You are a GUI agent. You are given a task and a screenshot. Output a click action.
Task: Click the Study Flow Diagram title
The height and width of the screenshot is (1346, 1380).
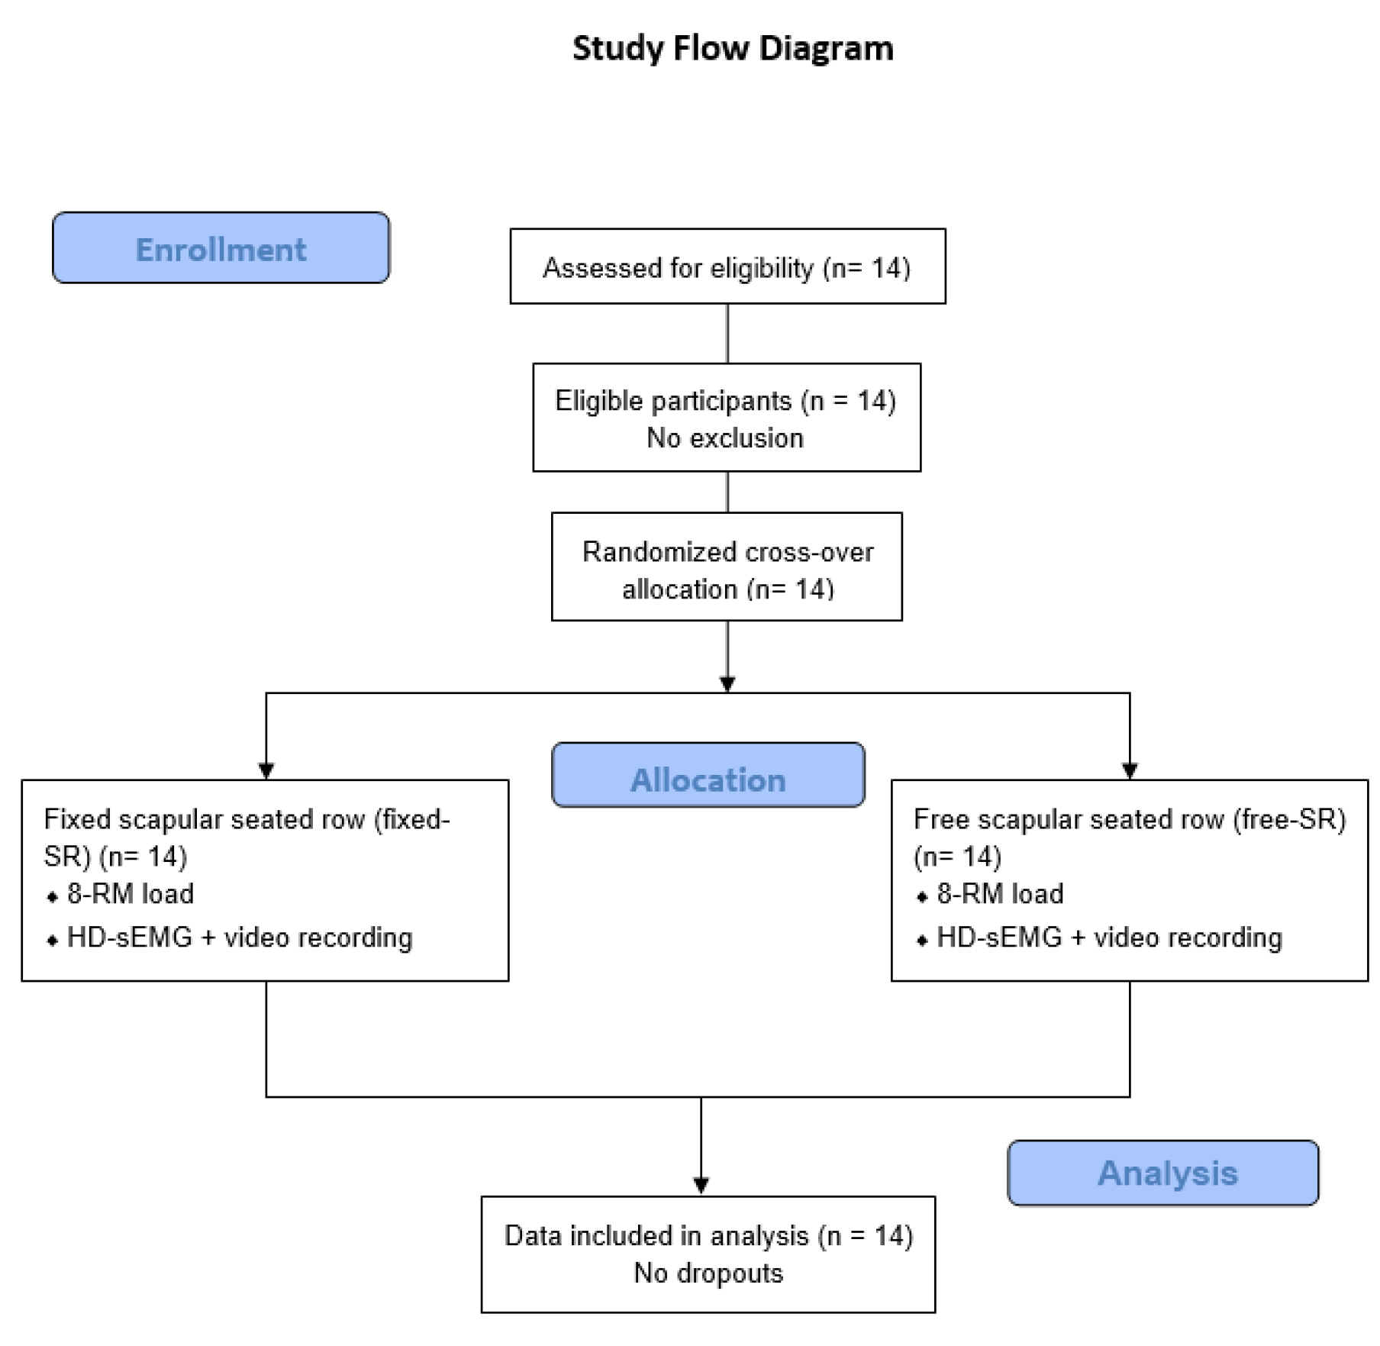[x=733, y=49]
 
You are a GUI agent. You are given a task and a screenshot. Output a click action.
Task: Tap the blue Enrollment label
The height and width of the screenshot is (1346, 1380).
[x=221, y=248]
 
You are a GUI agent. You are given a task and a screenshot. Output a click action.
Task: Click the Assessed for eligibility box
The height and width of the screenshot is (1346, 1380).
[x=727, y=266]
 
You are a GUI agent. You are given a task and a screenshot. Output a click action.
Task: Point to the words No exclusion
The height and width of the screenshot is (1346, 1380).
[x=725, y=438]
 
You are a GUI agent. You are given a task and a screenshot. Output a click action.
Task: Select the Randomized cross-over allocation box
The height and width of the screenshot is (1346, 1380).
[x=727, y=566]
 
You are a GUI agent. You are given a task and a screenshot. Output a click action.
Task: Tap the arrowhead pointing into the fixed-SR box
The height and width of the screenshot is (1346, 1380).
[x=266, y=771]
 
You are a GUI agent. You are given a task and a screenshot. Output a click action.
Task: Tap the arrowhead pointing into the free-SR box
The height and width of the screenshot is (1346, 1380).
[x=1130, y=771]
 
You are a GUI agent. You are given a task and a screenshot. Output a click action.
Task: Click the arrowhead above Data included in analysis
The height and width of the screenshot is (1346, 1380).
[x=701, y=1186]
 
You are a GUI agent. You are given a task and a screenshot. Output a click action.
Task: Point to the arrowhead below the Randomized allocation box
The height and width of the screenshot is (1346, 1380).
[x=727, y=684]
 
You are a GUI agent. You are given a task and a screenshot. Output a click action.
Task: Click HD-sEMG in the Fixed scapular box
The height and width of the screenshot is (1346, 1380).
[x=130, y=938]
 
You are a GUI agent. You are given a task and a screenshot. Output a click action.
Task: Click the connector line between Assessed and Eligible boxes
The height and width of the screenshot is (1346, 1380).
[x=727, y=334]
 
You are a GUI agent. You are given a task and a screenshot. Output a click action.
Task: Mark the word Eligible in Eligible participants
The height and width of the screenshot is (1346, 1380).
[x=598, y=402]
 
